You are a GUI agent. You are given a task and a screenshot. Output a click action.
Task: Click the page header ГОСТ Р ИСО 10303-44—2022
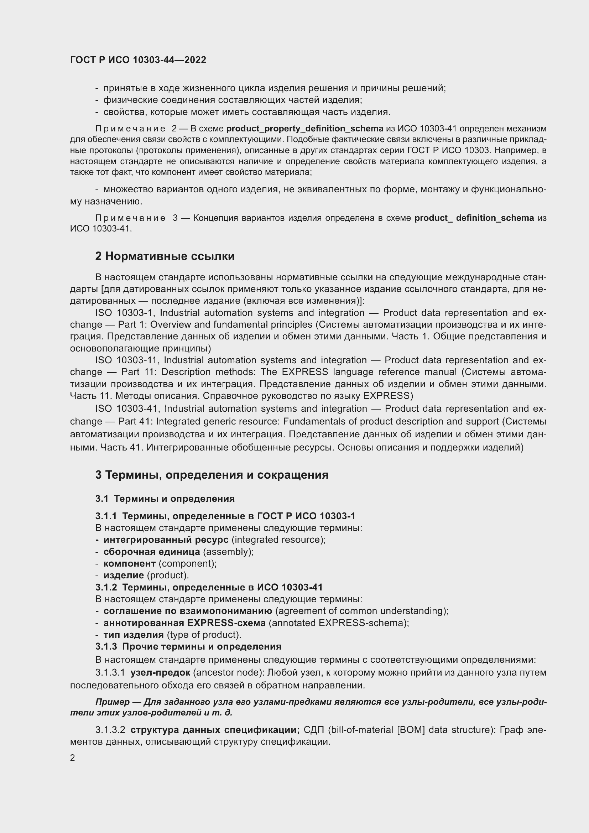(x=138, y=60)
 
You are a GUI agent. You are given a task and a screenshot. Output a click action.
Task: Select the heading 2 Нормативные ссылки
(x=165, y=256)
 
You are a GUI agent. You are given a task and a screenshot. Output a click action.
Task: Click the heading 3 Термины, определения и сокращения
(x=212, y=475)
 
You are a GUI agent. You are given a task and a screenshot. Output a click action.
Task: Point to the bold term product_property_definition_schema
(x=305, y=129)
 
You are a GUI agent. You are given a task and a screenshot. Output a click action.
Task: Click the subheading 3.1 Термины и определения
(x=165, y=499)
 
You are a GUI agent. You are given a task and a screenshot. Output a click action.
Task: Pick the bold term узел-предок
(x=160, y=673)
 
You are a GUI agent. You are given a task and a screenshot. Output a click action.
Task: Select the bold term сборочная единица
(x=152, y=552)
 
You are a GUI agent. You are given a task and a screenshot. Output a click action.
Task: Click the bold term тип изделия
(x=134, y=635)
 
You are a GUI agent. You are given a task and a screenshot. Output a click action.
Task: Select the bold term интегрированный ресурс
(x=166, y=540)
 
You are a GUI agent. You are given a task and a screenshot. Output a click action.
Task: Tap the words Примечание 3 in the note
(x=136, y=218)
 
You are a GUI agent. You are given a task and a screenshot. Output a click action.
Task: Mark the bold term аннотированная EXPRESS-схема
(x=184, y=623)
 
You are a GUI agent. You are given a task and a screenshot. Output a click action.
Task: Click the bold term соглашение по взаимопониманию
(x=188, y=611)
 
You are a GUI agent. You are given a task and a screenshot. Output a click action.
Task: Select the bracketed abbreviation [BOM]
(x=411, y=730)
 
